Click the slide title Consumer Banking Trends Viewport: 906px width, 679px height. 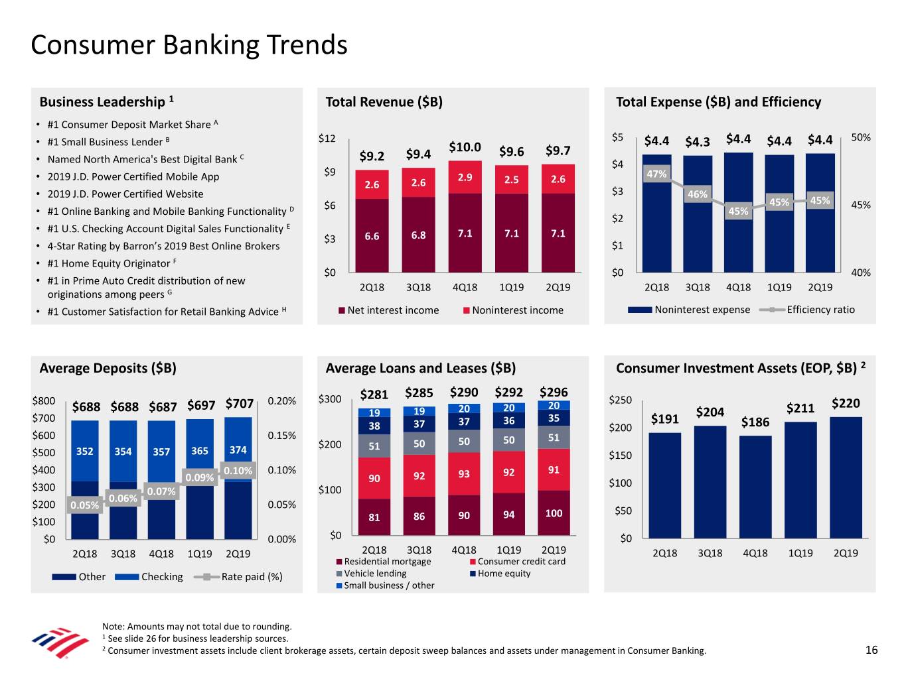189,45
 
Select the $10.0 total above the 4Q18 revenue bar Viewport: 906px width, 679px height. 465,147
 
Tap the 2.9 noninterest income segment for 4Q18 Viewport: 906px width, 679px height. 465,178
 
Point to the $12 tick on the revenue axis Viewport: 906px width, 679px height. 327,139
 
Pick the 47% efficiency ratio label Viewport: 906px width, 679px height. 656,174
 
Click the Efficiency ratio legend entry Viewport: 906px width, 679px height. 820,310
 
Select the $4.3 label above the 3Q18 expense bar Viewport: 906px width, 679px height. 697,141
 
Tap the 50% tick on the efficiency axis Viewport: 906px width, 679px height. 861,138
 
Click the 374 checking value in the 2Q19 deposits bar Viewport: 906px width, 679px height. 238,450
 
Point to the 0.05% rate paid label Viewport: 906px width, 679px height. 84,505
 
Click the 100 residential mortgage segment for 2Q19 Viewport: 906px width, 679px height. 554,513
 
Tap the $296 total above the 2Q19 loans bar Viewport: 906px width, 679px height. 554,392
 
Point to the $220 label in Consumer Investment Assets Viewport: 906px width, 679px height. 845,403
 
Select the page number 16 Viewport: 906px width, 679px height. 871,650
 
